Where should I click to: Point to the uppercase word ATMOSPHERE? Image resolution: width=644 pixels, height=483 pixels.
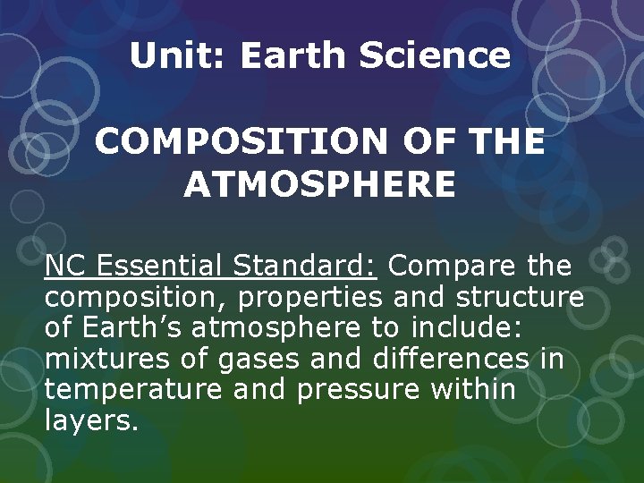319,185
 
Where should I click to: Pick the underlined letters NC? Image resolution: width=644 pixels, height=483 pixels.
65,266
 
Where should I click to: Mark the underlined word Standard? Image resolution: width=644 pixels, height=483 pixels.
307,266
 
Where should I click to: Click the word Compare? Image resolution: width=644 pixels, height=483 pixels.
453,266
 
